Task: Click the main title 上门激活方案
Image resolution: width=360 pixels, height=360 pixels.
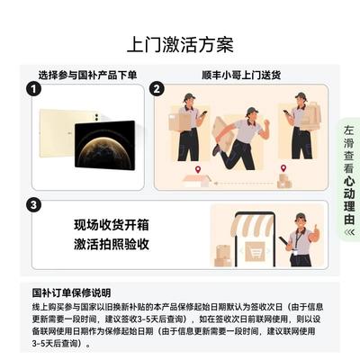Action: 180,45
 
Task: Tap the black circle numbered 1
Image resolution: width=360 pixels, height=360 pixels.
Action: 33,89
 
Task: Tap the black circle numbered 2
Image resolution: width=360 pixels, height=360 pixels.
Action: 157,89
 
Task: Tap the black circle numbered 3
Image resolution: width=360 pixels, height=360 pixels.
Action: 33,205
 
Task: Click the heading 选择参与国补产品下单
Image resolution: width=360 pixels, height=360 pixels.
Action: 87,75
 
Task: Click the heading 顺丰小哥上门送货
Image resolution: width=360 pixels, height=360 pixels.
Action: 241,75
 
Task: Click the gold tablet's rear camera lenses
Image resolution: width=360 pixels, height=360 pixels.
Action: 96,117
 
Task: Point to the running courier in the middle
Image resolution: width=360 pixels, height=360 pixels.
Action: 240,139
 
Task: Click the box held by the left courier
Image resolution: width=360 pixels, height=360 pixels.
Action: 179,121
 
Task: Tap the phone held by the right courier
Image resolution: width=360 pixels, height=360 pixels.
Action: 286,113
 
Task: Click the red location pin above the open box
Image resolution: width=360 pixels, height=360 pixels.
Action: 197,170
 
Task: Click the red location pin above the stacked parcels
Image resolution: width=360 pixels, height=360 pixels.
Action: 283,168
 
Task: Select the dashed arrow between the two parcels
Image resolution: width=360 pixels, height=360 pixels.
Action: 243,183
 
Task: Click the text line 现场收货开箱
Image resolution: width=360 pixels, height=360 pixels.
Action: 112,225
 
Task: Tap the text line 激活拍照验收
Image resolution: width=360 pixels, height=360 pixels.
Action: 112,244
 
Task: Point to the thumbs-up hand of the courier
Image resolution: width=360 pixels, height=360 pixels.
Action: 315,232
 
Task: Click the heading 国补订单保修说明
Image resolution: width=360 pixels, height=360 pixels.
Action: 71,292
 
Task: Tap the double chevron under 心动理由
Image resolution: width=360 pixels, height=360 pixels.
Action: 349,232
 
